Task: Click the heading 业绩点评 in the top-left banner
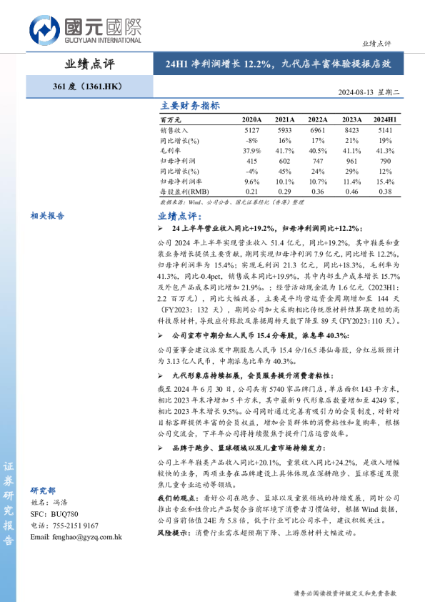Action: click(x=89, y=64)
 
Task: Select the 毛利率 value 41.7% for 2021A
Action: click(x=284, y=151)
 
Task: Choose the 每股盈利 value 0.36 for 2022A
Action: click(x=319, y=192)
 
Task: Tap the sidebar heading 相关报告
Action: click(x=47, y=214)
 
